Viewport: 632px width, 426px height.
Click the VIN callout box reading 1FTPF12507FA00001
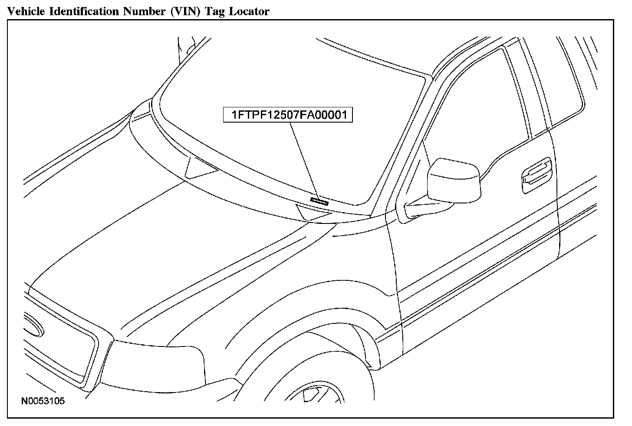(288, 115)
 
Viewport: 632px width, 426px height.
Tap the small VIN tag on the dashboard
(319, 200)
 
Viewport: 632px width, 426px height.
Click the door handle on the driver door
(537, 173)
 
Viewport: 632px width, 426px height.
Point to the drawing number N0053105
(43, 401)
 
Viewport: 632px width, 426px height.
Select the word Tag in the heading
(215, 12)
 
